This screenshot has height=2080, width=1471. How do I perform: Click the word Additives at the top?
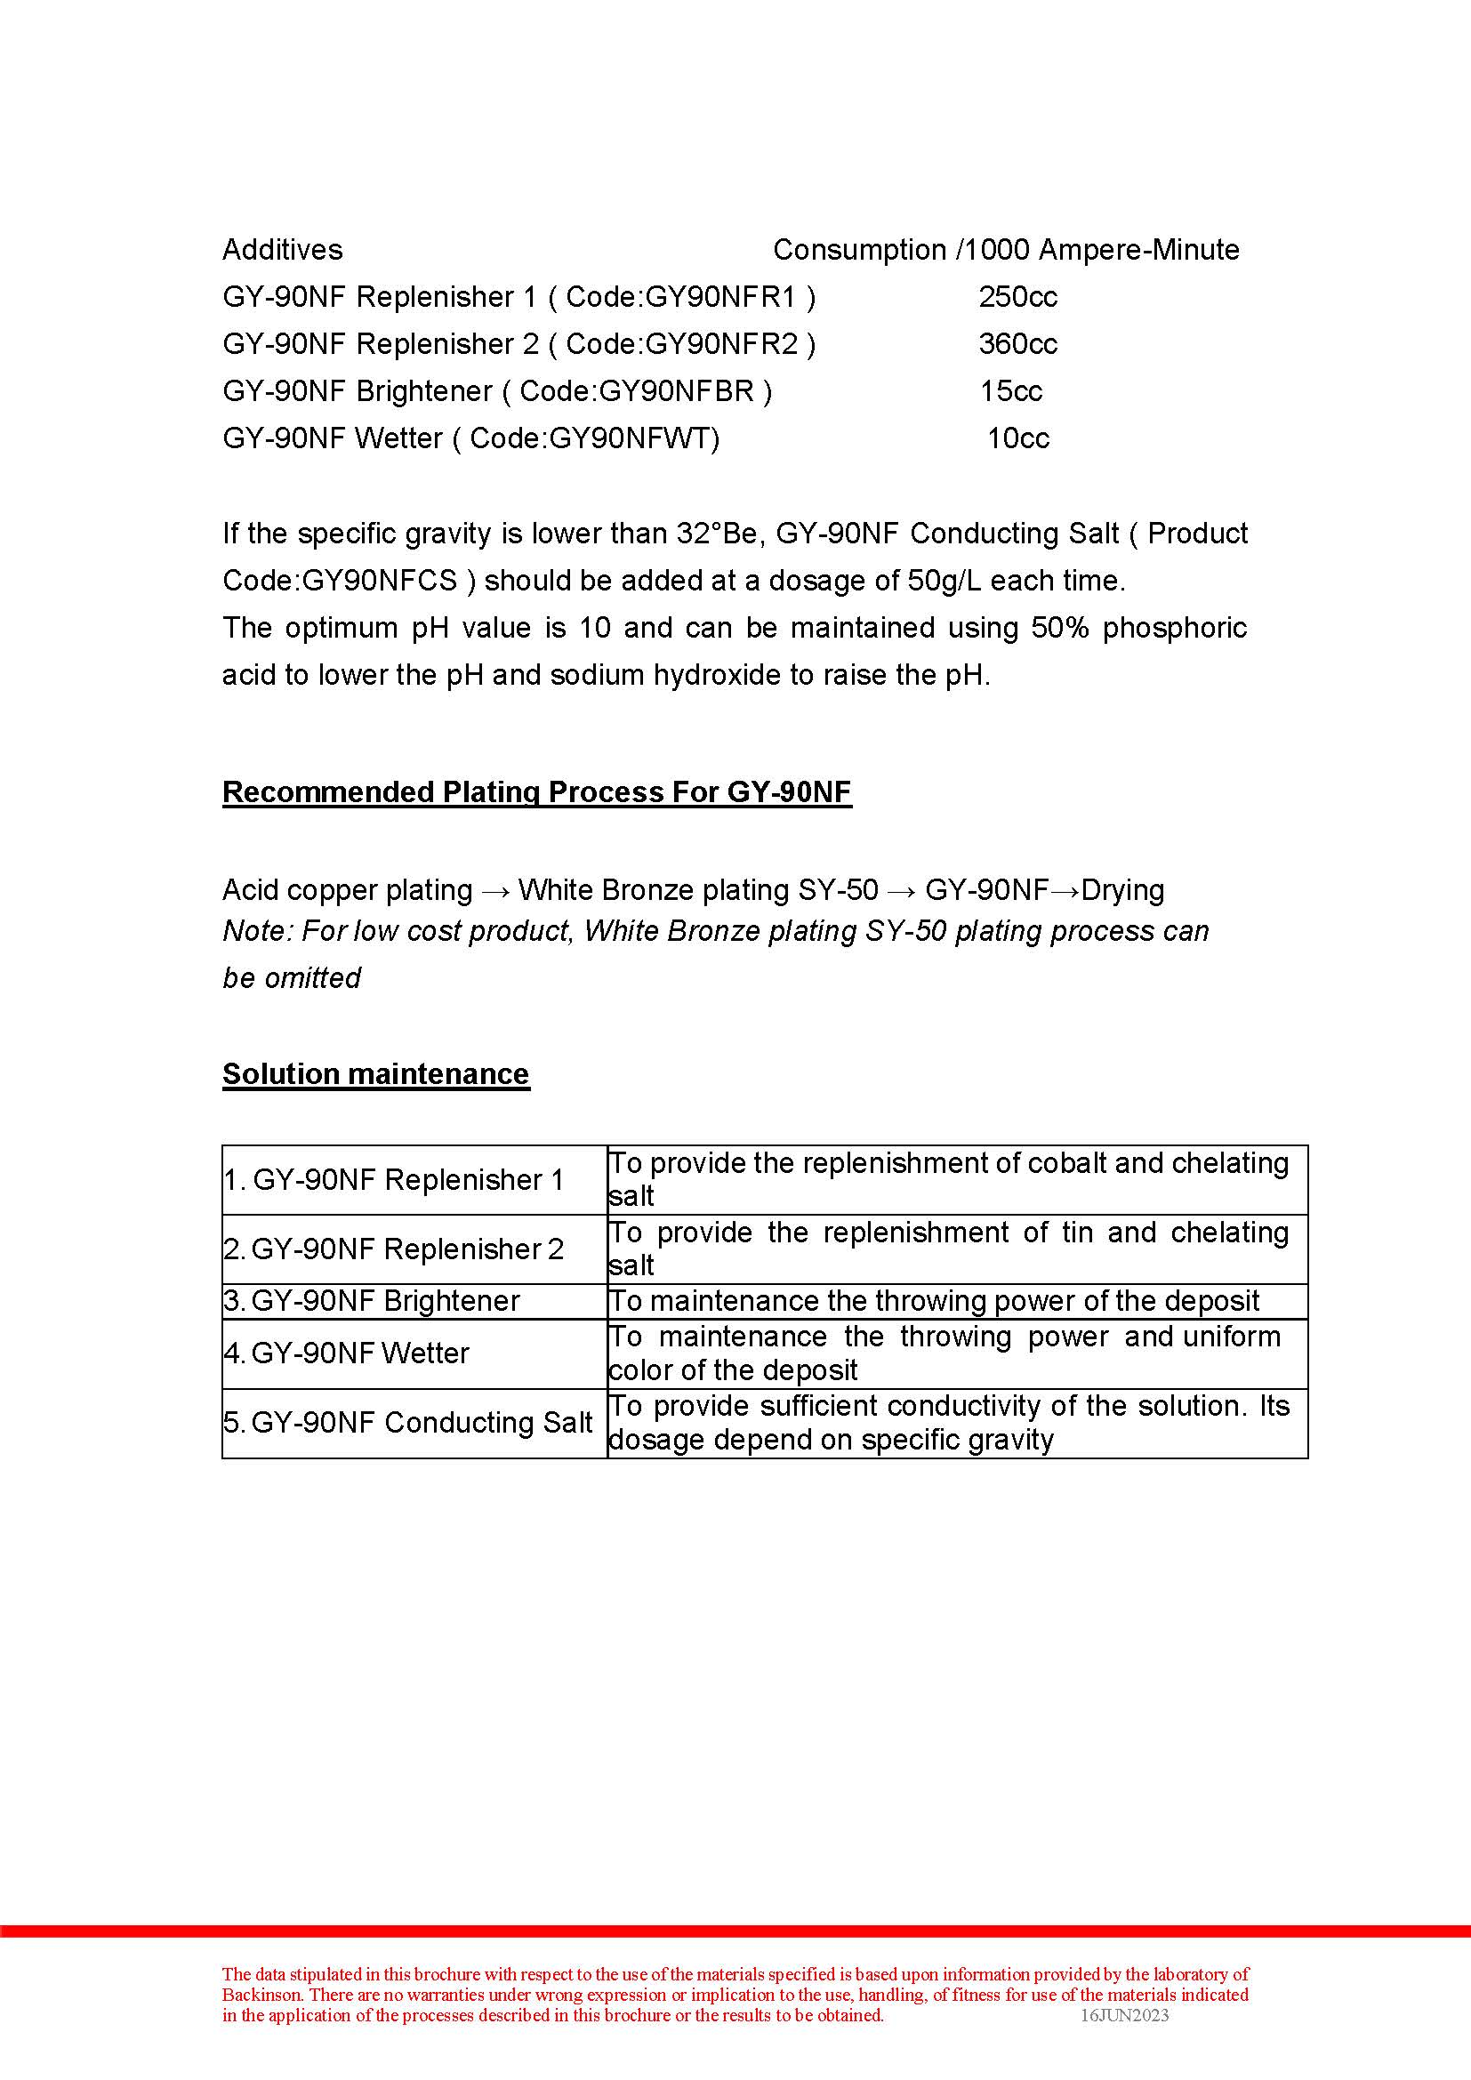[x=282, y=250]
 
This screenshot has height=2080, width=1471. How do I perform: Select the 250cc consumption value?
[x=1017, y=297]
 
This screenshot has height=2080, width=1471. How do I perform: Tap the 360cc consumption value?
[x=1017, y=344]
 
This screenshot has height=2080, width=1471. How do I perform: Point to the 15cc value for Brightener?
[x=1010, y=391]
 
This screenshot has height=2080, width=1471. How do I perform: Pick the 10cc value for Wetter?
[x=1017, y=438]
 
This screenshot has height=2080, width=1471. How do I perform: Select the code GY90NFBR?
[x=676, y=391]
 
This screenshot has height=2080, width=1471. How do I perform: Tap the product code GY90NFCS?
[x=380, y=581]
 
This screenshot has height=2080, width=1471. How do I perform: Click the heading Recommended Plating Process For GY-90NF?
[x=536, y=792]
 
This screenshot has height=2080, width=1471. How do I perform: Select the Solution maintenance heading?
[x=375, y=1074]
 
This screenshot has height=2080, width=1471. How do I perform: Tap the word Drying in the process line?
[x=1122, y=890]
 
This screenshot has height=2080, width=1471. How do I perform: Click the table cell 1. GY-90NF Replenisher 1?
[x=394, y=1180]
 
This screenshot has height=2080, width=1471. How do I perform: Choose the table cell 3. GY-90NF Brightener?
[x=372, y=1301]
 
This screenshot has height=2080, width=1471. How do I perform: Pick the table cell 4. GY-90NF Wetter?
[x=346, y=1353]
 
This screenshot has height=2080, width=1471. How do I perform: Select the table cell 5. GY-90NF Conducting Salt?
[x=407, y=1423]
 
